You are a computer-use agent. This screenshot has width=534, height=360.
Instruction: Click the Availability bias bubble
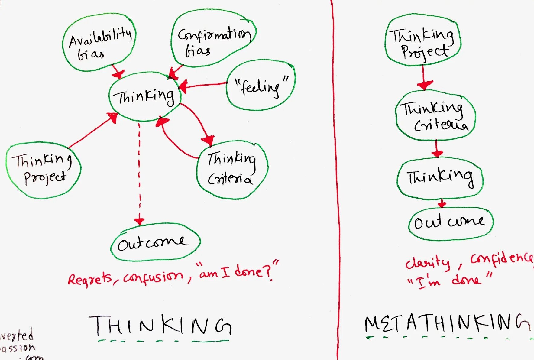pos(99,42)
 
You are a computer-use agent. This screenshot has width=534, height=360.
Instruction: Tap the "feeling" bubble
pos(261,85)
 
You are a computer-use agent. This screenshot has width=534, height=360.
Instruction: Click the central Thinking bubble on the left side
pos(144,97)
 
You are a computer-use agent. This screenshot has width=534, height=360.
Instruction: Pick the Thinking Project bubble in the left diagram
pos(43,170)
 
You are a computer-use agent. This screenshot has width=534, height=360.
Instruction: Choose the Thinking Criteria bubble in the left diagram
pos(232,169)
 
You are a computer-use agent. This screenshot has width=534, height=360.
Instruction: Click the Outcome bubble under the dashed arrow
pos(155,242)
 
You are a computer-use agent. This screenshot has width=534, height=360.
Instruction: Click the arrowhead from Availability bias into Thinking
pos(118,73)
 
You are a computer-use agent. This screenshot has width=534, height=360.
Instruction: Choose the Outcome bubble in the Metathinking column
pos(450,223)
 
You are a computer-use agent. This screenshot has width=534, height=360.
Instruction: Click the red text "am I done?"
pos(237,271)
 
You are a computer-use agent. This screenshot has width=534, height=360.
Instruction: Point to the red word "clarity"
pos(427,263)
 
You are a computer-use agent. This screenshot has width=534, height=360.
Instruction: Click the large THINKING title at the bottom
pos(160,326)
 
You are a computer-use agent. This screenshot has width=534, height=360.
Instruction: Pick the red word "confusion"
pos(153,277)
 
